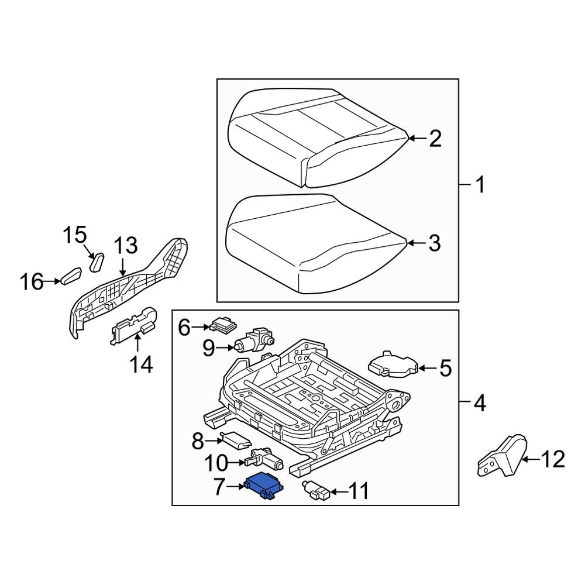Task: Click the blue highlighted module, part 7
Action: point(265,485)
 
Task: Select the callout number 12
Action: point(553,460)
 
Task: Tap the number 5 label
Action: point(445,369)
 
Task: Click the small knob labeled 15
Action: point(97,261)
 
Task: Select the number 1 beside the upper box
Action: point(479,187)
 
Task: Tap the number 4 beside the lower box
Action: point(479,403)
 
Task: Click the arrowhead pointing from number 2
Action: point(411,139)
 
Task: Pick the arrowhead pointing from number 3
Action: point(409,243)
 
